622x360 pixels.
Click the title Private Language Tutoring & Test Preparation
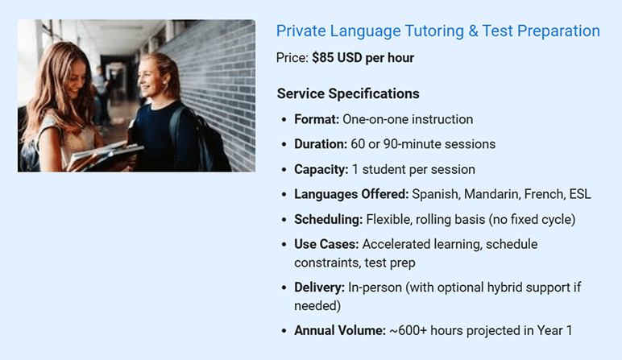coord(437,31)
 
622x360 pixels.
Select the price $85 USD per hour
coord(363,58)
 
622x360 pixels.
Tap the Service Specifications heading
coord(348,93)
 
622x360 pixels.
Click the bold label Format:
coord(317,119)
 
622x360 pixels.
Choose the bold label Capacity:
coord(321,169)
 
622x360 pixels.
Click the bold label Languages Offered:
coord(351,194)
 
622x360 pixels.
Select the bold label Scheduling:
coord(328,219)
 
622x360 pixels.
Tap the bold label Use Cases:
coord(326,244)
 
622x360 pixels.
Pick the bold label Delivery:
coord(319,288)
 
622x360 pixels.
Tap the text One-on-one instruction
coord(408,119)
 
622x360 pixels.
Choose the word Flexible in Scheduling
coord(391,219)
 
